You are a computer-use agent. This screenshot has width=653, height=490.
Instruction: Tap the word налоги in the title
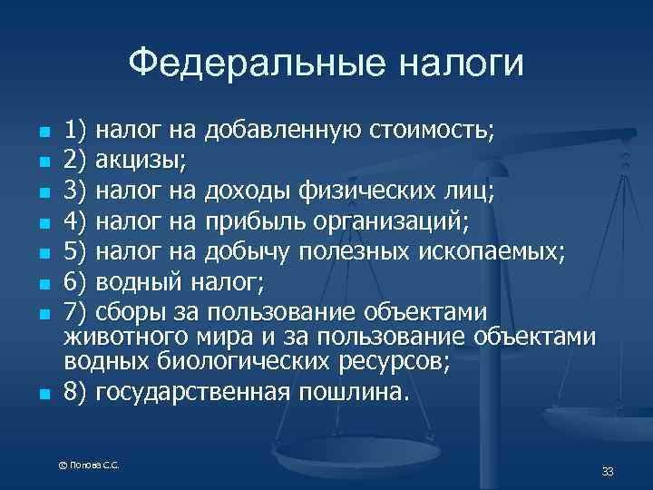tap(460, 64)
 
